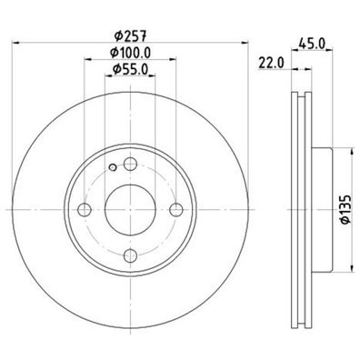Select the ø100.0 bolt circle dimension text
click(x=129, y=55)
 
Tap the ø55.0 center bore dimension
click(x=129, y=72)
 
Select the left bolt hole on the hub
click(x=85, y=209)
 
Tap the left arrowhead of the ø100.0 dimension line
click(x=87, y=63)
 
